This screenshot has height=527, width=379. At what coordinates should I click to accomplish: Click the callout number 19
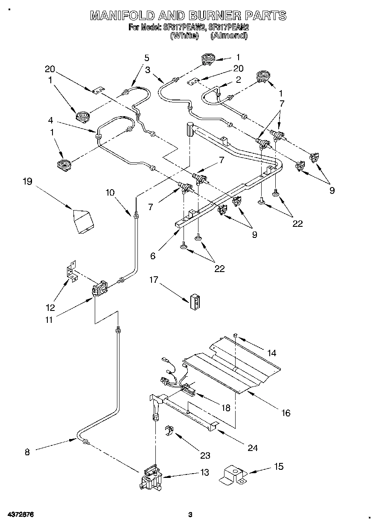(27, 182)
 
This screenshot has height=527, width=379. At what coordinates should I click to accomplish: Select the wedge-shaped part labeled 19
(84, 221)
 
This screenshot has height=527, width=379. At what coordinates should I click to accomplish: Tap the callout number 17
(154, 280)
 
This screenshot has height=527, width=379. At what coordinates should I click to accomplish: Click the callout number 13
(205, 472)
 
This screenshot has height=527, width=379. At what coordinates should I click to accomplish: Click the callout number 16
(286, 413)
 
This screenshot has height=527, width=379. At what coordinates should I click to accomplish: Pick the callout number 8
(27, 452)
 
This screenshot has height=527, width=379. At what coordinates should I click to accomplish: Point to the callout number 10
(111, 193)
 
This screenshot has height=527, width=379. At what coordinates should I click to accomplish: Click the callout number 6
(153, 256)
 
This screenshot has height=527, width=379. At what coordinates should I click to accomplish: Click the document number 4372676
(20, 515)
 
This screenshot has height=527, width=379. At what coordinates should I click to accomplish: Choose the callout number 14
(272, 353)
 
